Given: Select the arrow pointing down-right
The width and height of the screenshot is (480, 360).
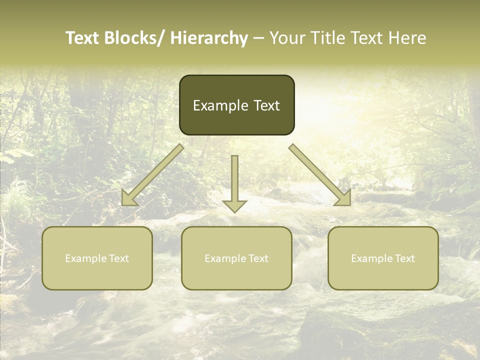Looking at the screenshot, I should pyautogui.click(x=320, y=175).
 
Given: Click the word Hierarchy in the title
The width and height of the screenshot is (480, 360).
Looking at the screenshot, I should pyautogui.click(x=209, y=38).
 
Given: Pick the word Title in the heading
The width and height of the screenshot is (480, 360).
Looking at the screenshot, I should pyautogui.click(x=330, y=38).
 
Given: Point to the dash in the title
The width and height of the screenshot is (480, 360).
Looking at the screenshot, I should pyautogui.click(x=258, y=38).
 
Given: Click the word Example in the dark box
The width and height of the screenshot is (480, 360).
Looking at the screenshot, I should pyautogui.click(x=216, y=105).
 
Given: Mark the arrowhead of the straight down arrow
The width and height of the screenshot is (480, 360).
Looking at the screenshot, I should pyautogui.click(x=234, y=205).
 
